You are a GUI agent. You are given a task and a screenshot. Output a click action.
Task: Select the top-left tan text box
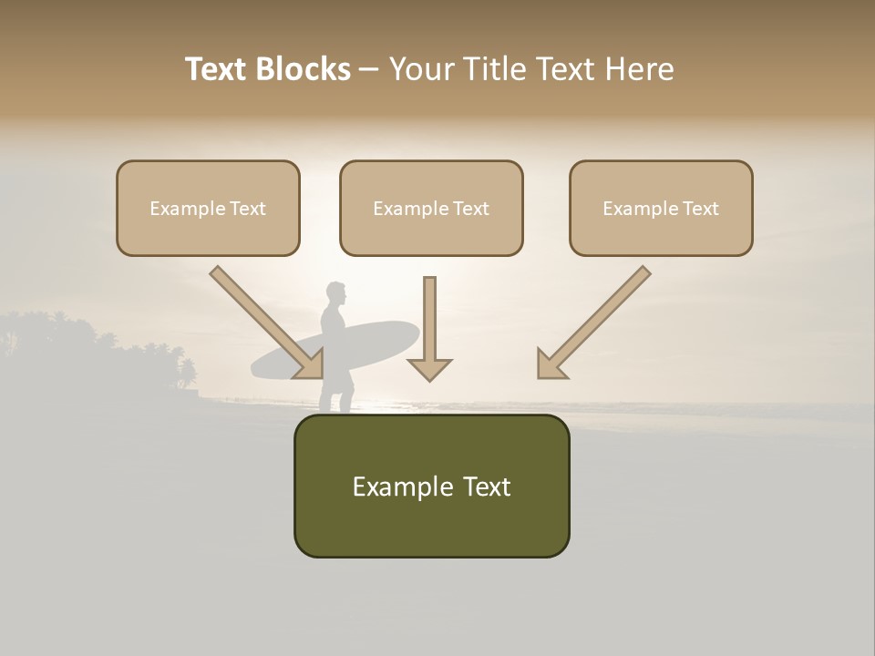click(208, 208)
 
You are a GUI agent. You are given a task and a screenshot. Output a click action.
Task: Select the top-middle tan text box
click(431, 208)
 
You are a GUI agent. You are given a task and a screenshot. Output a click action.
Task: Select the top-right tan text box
click(661, 208)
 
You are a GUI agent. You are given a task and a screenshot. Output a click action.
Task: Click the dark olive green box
click(431, 486)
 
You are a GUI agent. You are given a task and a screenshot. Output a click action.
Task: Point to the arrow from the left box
click(264, 321)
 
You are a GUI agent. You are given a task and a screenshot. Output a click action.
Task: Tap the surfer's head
click(336, 294)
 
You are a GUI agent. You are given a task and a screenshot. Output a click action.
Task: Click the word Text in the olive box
click(483, 487)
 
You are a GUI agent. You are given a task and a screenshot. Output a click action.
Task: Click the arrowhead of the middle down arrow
click(429, 368)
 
